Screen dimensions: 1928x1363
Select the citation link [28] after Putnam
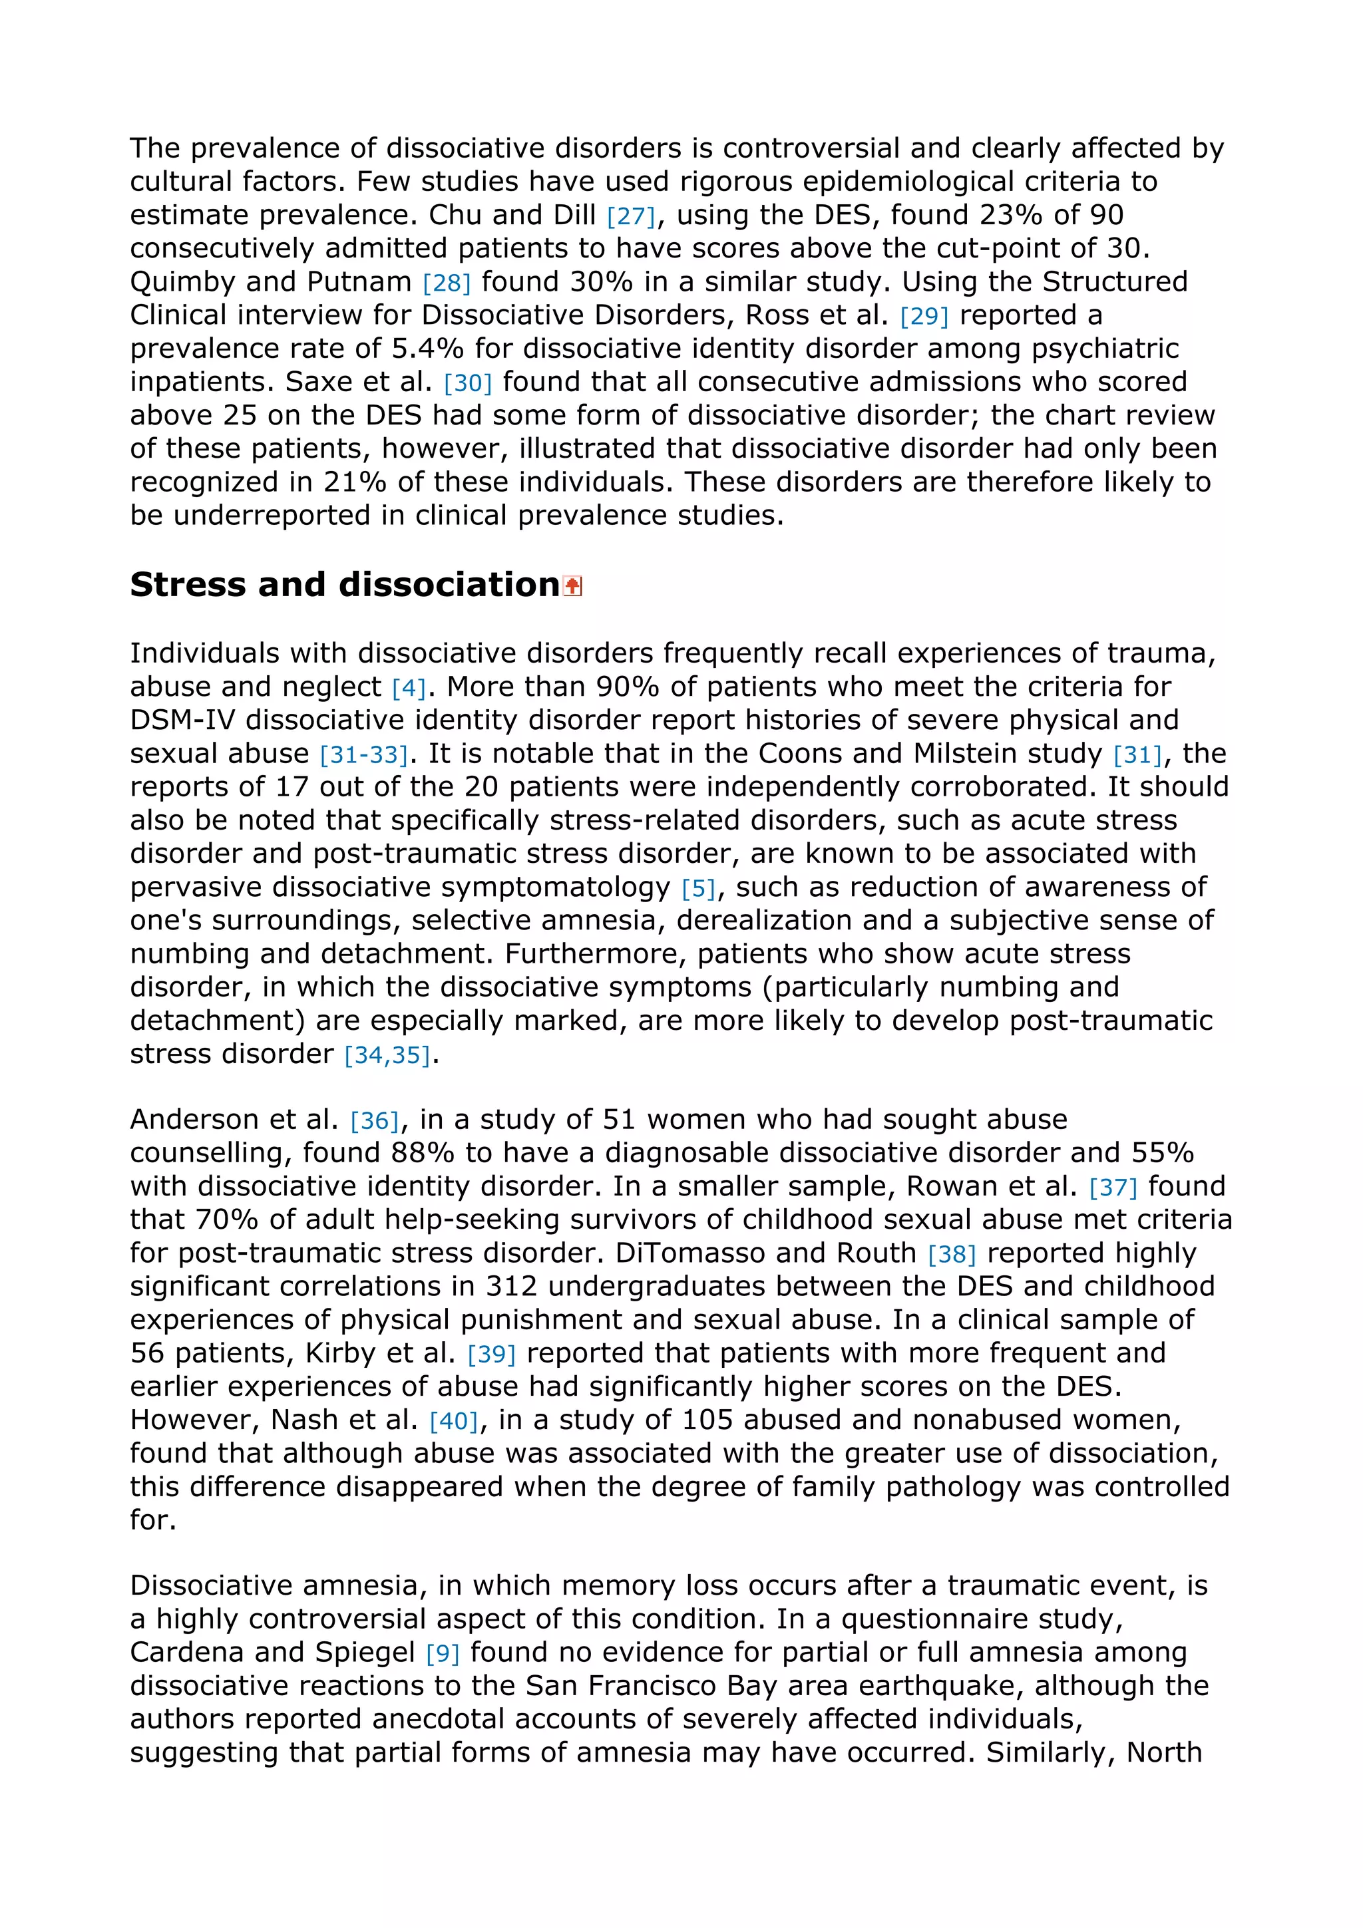[446, 283]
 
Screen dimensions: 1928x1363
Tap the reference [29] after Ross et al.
[924, 317]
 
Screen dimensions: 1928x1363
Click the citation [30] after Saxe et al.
[467, 384]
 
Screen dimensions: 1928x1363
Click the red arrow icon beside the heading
[572, 586]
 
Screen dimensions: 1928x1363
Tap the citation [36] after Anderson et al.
[374, 1121]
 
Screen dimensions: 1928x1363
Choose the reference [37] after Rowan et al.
[1113, 1188]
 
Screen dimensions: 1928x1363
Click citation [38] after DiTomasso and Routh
[952, 1255]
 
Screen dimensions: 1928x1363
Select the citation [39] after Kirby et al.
[491, 1355]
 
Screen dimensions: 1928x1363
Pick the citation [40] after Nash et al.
[453, 1421]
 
